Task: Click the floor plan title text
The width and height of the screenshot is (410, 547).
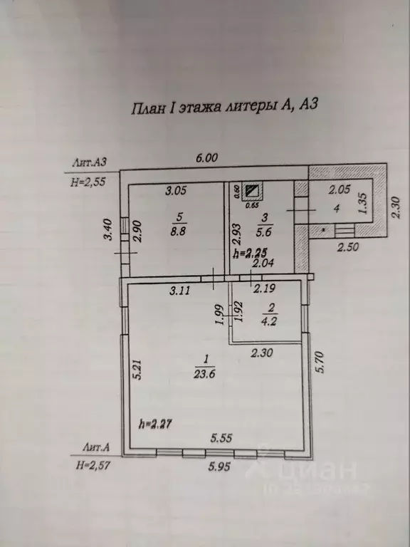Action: click(x=223, y=108)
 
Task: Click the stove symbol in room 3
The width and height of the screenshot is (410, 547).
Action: click(x=253, y=191)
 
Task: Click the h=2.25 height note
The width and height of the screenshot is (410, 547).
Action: click(x=251, y=253)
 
